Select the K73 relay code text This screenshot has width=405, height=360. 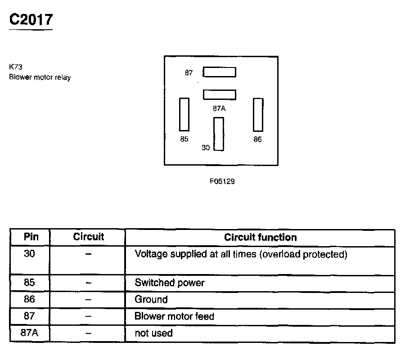16,67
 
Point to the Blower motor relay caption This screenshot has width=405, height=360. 40,77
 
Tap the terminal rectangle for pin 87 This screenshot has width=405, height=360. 219,72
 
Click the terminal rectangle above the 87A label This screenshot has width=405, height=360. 219,94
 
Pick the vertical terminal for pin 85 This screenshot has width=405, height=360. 184,114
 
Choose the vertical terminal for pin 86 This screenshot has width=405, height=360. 258,114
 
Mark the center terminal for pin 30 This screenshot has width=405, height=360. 219,134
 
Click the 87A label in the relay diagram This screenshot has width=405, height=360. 219,108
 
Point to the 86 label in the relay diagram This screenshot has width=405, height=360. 257,139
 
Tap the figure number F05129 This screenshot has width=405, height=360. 222,182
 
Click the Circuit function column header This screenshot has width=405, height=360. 261,237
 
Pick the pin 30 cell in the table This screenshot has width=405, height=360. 30,254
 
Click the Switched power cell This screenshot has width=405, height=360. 170,283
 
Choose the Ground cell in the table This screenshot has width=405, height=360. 151,299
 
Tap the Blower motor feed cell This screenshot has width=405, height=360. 174,316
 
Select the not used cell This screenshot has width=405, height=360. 153,333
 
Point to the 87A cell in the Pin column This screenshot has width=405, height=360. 30,333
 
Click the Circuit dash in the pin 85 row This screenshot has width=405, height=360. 89,283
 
